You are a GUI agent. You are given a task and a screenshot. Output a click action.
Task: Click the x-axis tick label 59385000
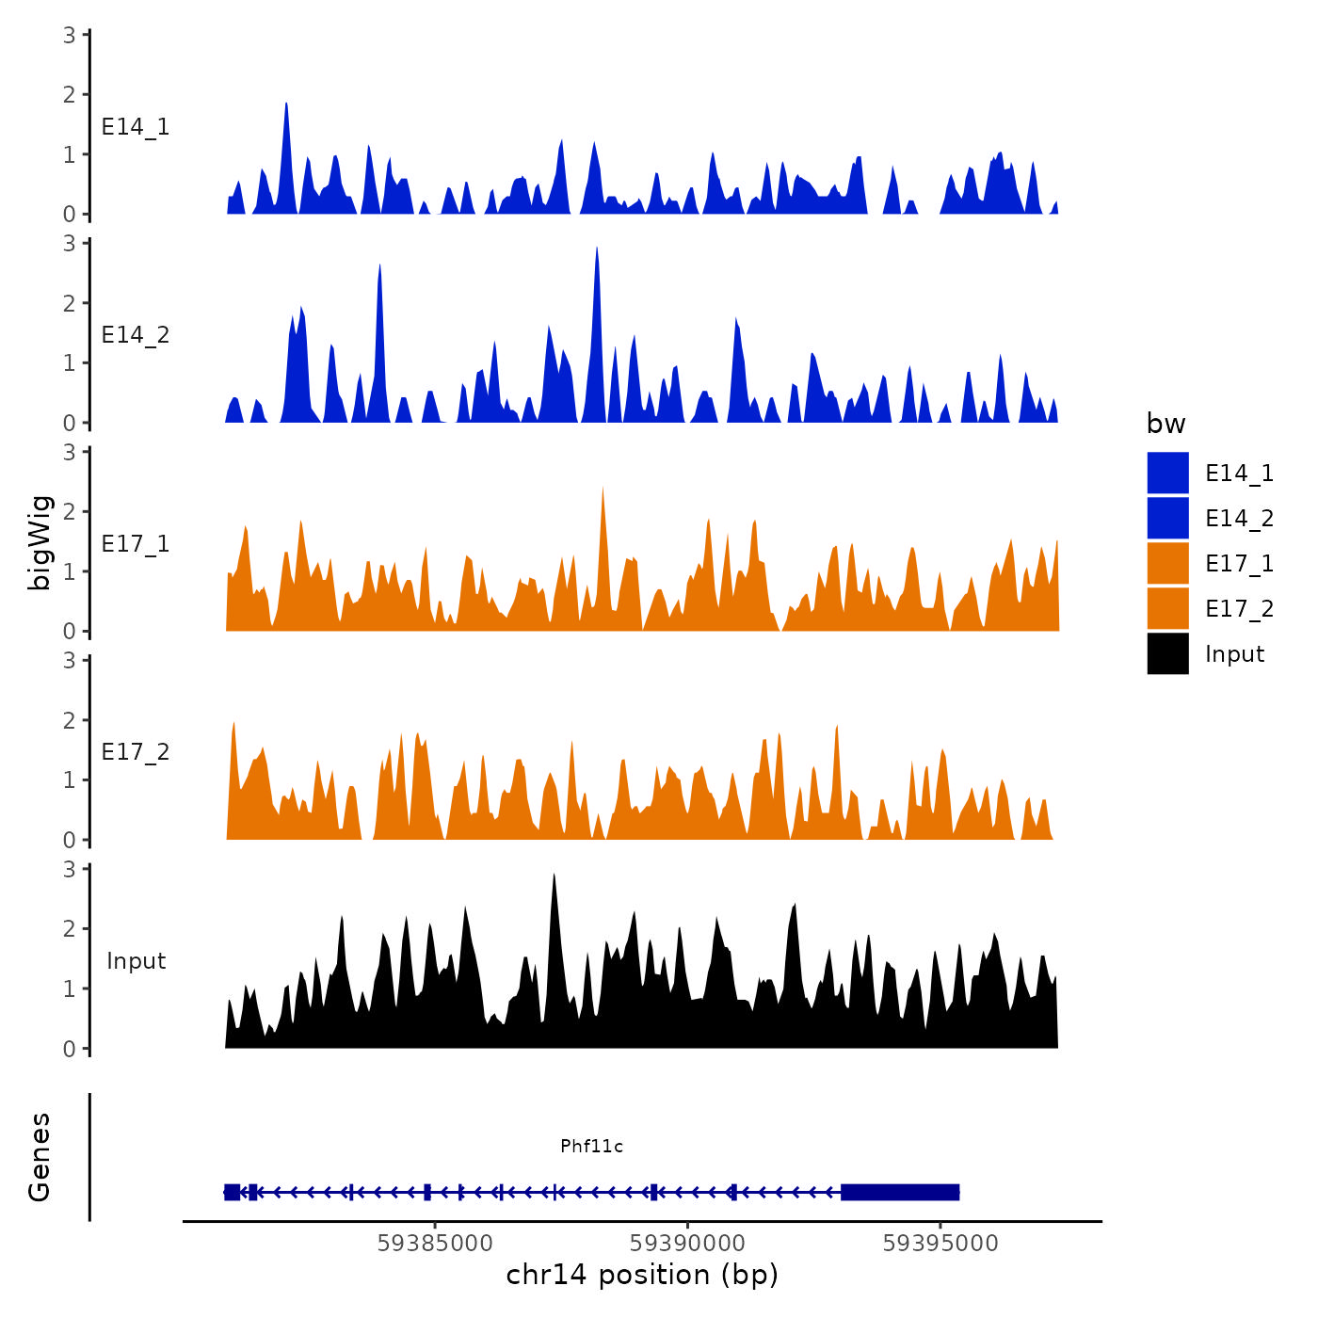(x=435, y=1244)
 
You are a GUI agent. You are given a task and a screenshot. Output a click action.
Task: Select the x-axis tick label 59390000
(x=688, y=1244)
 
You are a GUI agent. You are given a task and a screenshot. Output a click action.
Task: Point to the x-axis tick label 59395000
(x=940, y=1244)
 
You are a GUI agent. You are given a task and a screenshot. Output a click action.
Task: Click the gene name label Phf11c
(x=591, y=1146)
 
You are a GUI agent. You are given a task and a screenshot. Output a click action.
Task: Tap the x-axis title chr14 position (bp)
(x=642, y=1275)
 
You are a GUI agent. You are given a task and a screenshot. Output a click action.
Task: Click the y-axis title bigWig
(x=40, y=542)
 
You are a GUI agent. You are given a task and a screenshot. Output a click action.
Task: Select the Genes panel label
(x=40, y=1157)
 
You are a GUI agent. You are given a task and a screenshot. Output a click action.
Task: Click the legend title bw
(x=1165, y=424)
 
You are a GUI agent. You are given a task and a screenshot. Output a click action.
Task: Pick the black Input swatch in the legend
(x=1167, y=653)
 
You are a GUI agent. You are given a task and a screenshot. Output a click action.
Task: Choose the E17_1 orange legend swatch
(x=1167, y=563)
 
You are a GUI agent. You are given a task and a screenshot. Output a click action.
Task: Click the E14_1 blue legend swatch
(x=1167, y=473)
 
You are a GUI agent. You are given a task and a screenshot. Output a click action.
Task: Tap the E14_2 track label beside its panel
(x=136, y=335)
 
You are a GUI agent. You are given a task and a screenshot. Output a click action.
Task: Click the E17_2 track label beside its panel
(x=136, y=752)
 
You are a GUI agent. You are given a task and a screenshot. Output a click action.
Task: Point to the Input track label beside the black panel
(x=136, y=961)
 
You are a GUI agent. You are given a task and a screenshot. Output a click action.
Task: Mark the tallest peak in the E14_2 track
(x=597, y=250)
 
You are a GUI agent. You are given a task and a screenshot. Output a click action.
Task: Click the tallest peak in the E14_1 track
(x=286, y=105)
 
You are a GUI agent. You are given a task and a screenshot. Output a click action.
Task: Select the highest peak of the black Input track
(x=554, y=876)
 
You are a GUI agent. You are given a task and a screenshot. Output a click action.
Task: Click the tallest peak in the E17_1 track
(x=603, y=490)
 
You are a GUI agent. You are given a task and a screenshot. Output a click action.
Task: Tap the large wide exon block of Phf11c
(x=900, y=1192)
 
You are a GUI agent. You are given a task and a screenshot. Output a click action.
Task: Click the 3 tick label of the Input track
(x=70, y=869)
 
